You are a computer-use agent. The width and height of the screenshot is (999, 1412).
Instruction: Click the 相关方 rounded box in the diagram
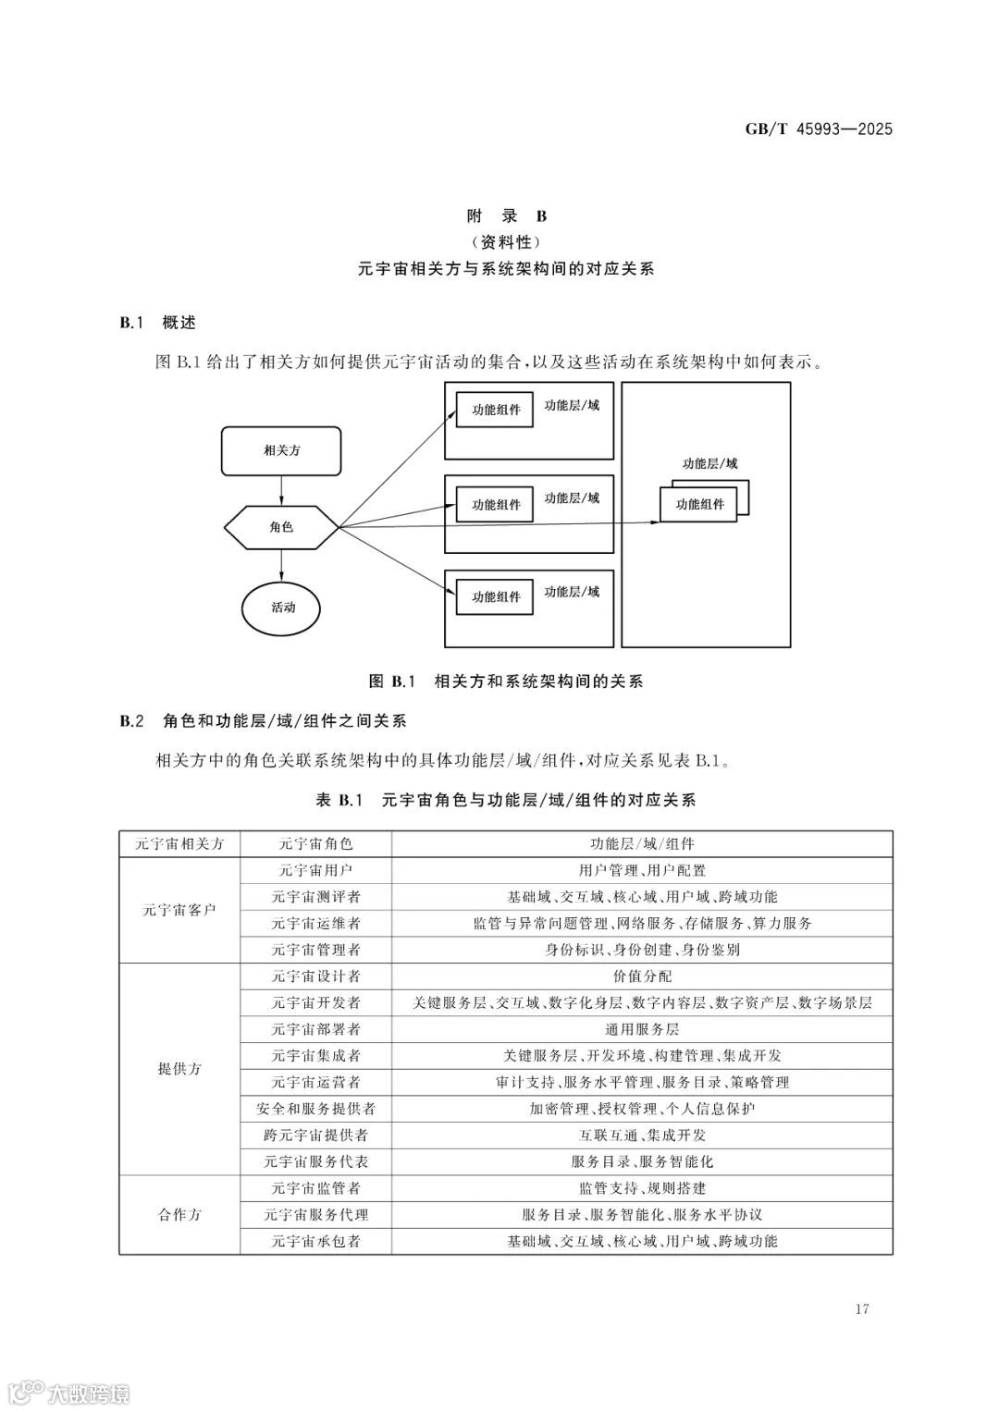[x=281, y=451]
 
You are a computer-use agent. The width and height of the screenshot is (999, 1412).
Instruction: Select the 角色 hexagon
[x=281, y=527]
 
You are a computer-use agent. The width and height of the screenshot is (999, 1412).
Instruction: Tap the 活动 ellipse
[x=282, y=608]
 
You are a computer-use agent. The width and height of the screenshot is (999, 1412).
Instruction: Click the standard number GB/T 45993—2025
[x=819, y=129]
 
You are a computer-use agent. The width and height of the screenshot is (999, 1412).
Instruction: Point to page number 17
[x=862, y=1308]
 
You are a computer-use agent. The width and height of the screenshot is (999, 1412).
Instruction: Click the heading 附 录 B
[x=506, y=216]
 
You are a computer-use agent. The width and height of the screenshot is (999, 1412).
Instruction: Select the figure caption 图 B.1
[x=505, y=681]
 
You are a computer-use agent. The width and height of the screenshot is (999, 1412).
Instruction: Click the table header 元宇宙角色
[x=315, y=843]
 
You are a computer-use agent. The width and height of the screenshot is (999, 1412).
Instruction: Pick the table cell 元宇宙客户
[x=179, y=909]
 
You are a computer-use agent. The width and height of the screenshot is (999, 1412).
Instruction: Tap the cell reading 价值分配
[x=642, y=976]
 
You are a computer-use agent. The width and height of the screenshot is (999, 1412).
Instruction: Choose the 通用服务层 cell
[x=642, y=1029]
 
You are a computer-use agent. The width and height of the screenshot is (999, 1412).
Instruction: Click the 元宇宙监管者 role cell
[x=315, y=1188]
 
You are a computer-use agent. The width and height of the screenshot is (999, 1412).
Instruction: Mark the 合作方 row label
[x=179, y=1215]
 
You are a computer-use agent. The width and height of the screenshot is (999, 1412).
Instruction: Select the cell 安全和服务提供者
[x=315, y=1109]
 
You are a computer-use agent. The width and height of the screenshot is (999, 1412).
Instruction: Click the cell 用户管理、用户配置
[x=642, y=870]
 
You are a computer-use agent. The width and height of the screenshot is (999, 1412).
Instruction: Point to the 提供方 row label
[x=179, y=1069]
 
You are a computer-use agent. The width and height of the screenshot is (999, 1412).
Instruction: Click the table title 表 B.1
[x=505, y=801]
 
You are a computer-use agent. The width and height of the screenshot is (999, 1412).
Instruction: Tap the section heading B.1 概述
[x=158, y=323]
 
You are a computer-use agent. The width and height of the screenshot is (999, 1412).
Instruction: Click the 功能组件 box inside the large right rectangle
[x=699, y=505]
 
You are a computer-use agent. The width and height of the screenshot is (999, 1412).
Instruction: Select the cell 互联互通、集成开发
[x=642, y=1136]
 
